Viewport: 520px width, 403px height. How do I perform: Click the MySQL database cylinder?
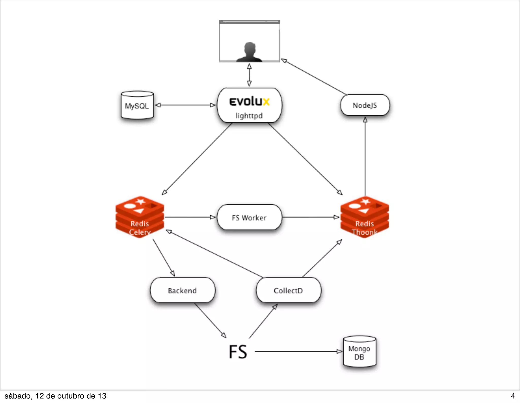137,105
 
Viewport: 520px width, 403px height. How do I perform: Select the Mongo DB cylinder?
359,352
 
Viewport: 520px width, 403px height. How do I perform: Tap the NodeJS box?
365,105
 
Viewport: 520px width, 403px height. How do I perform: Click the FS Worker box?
249,218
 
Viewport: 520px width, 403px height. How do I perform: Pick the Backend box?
182,290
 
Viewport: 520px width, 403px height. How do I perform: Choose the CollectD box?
288,290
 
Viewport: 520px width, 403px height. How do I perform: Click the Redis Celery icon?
140,217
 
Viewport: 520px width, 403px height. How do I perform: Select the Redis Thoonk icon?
365,217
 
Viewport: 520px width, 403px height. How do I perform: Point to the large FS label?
238,352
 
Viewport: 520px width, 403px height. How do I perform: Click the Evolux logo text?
249,102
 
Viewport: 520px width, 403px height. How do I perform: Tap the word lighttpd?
249,116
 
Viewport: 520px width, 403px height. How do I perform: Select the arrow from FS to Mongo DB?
298,351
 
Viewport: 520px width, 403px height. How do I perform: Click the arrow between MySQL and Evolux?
185,105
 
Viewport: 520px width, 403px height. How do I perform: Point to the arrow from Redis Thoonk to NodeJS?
365,156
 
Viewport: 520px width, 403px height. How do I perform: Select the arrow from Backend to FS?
210,320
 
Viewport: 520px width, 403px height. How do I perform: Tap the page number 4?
513,396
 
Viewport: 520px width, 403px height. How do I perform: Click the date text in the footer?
55,396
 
